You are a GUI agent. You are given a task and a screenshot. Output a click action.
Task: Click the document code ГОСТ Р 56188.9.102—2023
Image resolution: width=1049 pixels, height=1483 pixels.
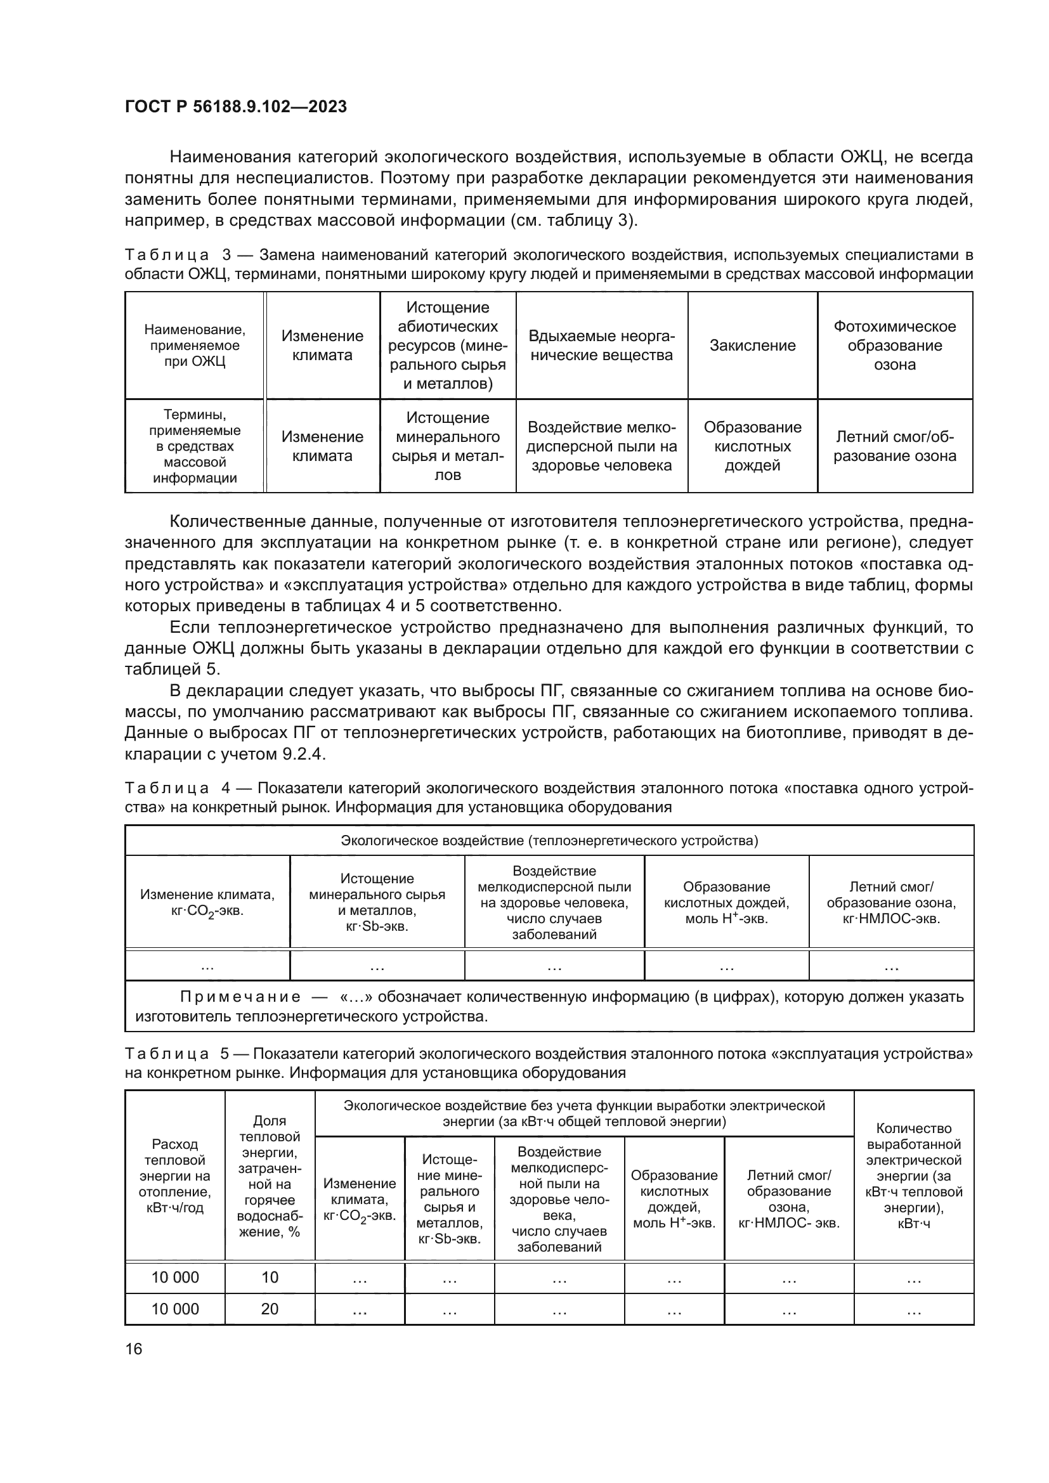click(x=236, y=107)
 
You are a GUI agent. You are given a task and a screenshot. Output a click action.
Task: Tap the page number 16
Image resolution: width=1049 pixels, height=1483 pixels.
click(x=134, y=1349)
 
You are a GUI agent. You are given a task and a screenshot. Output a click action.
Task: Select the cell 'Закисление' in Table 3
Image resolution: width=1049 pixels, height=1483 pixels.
click(x=753, y=346)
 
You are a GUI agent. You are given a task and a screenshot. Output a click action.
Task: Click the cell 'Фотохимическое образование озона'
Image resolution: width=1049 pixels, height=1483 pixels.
click(x=895, y=346)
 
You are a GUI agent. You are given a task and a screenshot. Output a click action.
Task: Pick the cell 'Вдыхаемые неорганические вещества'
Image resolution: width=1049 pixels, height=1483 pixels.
click(x=601, y=346)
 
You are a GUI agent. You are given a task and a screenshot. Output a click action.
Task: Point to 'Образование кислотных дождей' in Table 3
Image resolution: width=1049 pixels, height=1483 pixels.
click(x=753, y=446)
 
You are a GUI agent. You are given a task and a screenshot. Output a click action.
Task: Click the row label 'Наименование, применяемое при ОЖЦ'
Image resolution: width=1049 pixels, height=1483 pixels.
click(x=195, y=346)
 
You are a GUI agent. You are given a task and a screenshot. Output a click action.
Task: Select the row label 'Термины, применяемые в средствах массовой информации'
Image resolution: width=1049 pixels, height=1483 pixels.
click(x=195, y=446)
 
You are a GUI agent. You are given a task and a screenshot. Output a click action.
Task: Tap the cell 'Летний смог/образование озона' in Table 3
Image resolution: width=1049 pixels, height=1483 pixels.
click(x=895, y=446)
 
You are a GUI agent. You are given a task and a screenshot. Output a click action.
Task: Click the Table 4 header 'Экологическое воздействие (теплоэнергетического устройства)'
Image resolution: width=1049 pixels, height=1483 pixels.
click(x=549, y=840)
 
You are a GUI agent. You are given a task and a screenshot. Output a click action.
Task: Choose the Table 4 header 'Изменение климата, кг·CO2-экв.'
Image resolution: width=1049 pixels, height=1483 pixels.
click(x=207, y=902)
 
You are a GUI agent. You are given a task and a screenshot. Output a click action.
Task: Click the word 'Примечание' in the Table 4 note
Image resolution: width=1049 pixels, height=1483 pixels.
click(x=240, y=997)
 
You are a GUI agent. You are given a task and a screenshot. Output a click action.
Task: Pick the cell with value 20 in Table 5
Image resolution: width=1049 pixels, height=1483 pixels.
click(x=270, y=1309)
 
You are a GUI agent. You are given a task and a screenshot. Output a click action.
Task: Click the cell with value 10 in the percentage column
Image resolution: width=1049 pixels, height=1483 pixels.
click(x=270, y=1277)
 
